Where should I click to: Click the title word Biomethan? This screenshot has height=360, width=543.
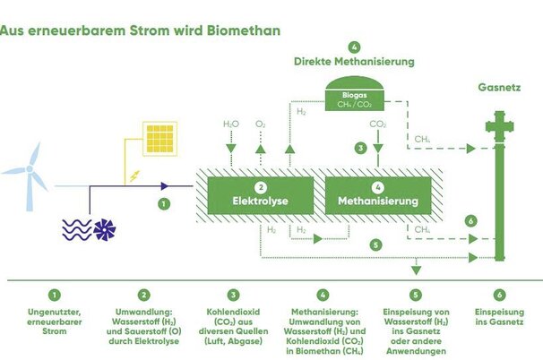coord(245,30)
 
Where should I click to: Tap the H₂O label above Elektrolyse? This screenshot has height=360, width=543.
coord(230,124)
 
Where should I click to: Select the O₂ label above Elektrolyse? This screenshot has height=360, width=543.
coord(260,124)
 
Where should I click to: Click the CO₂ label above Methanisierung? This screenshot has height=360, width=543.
coord(377,124)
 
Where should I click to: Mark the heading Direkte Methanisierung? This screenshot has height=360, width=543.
coord(354,62)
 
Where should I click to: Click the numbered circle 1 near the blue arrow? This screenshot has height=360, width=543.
coord(163,204)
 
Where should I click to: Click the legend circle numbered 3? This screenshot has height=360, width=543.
coord(234,294)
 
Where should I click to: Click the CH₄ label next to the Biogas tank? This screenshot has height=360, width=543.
coord(422,138)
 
